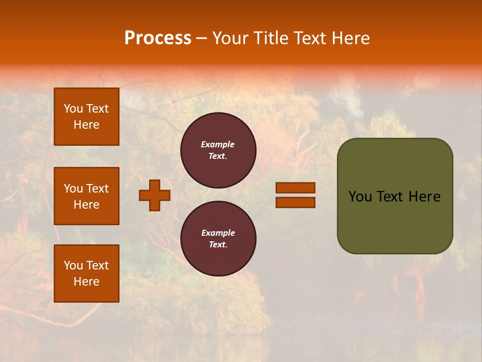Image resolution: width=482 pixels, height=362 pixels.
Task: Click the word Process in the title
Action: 158,38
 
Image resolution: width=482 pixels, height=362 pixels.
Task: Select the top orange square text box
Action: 86,117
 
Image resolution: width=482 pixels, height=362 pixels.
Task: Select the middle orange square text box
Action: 86,196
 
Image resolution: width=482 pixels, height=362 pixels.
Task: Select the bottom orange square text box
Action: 86,274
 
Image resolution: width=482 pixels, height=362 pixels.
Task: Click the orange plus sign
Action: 155,195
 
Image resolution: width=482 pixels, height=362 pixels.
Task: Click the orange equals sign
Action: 295,195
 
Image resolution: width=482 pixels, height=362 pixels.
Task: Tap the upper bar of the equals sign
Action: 295,188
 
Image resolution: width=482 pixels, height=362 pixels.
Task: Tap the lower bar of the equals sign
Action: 295,202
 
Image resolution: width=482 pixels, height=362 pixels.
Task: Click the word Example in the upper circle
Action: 218,144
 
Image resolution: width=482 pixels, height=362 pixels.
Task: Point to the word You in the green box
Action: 360,197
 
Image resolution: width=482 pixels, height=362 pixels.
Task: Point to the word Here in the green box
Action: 424,197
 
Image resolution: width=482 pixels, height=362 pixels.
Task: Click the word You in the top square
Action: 73,109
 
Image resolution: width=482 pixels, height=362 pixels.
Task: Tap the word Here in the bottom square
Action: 86,282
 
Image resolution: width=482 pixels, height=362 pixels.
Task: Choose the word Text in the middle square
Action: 97,189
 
